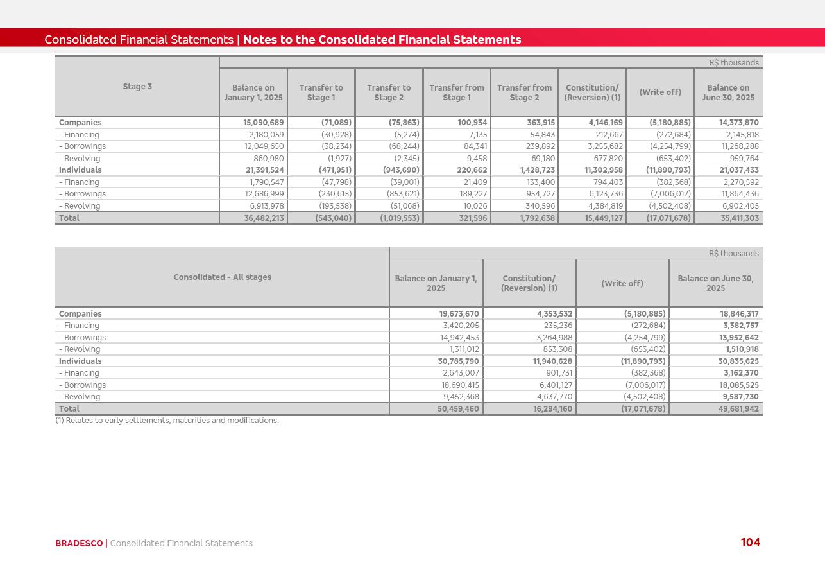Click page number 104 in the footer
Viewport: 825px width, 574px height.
click(750, 543)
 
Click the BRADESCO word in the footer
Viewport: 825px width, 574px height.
click(79, 543)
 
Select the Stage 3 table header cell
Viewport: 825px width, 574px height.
click(137, 87)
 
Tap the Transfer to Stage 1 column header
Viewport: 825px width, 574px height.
click(321, 92)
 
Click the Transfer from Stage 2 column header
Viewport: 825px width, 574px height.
click(524, 92)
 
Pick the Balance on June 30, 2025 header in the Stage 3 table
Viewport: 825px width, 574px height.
click(728, 92)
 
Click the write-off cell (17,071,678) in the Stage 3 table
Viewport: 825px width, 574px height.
click(668, 218)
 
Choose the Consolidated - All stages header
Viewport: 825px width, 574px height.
click(222, 277)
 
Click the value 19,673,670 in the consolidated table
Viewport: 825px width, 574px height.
click(459, 314)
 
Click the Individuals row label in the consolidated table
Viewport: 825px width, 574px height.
click(80, 361)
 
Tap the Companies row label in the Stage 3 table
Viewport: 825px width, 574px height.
click(80, 123)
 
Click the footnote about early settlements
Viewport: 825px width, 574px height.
click(167, 421)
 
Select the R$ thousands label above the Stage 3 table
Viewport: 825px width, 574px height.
click(734, 63)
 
